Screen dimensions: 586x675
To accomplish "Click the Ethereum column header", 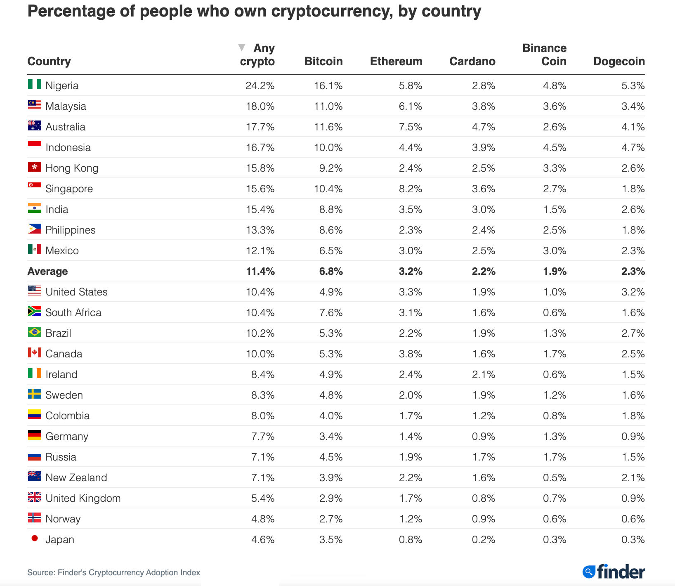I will (396, 61).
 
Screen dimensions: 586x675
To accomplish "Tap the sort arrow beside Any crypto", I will (242, 47).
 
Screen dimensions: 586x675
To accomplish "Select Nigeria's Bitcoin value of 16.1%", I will (328, 86).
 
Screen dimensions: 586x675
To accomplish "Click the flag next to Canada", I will (35, 352).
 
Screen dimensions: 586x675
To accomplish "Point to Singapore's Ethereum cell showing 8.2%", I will (410, 189).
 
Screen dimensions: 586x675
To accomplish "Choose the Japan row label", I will (60, 540).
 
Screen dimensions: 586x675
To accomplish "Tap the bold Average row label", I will (47, 272).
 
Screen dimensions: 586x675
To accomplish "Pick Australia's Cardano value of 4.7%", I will (483, 127).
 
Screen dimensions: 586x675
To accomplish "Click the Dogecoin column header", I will (618, 61).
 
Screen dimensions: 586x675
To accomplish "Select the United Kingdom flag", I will (35, 497).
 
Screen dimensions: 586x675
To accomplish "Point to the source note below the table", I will (113, 573).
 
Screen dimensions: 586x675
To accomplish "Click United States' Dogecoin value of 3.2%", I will (633, 292).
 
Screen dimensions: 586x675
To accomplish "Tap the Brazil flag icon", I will (35, 332).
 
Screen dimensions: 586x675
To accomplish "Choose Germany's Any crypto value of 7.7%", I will (263, 437).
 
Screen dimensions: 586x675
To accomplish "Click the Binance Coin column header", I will (544, 54).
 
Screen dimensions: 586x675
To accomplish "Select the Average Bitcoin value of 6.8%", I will (330, 272).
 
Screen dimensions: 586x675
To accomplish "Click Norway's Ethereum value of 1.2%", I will (410, 519).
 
